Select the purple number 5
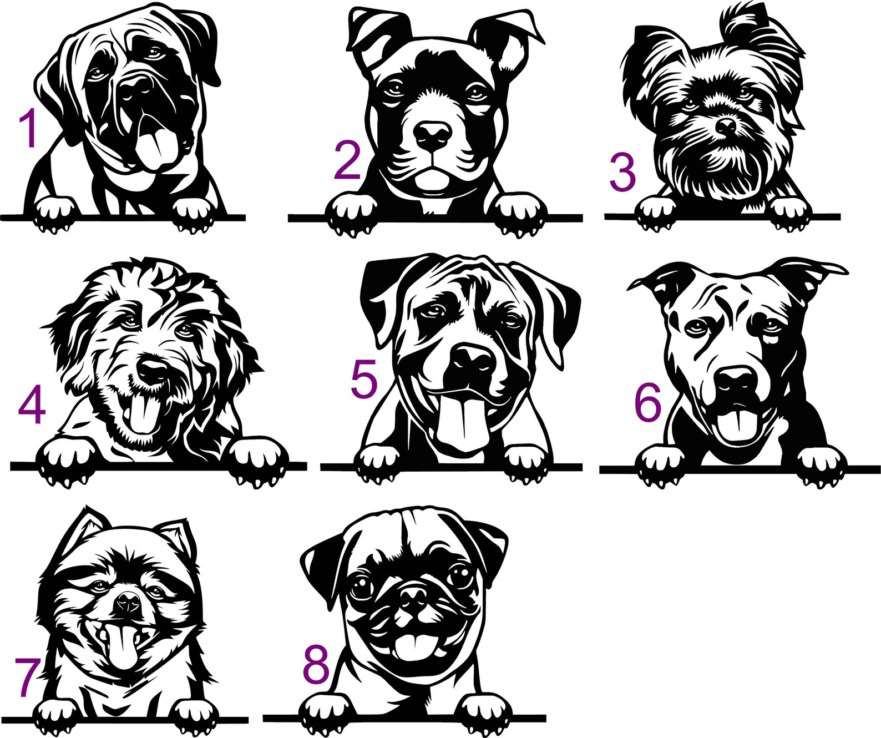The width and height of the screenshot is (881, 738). [364, 379]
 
